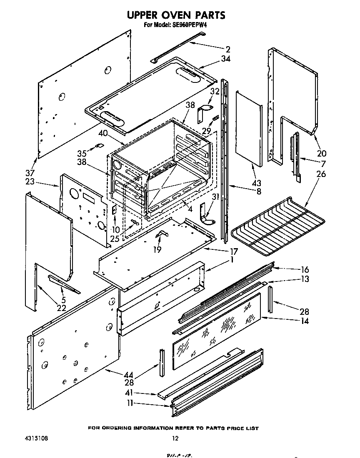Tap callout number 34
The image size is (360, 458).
tap(225, 59)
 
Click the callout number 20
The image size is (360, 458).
tap(322, 153)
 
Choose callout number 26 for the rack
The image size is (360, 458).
tap(321, 174)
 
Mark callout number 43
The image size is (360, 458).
tap(257, 184)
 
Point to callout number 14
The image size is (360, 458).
tap(304, 321)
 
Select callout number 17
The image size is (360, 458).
tap(233, 251)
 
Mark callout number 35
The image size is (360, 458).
tap(83, 153)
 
